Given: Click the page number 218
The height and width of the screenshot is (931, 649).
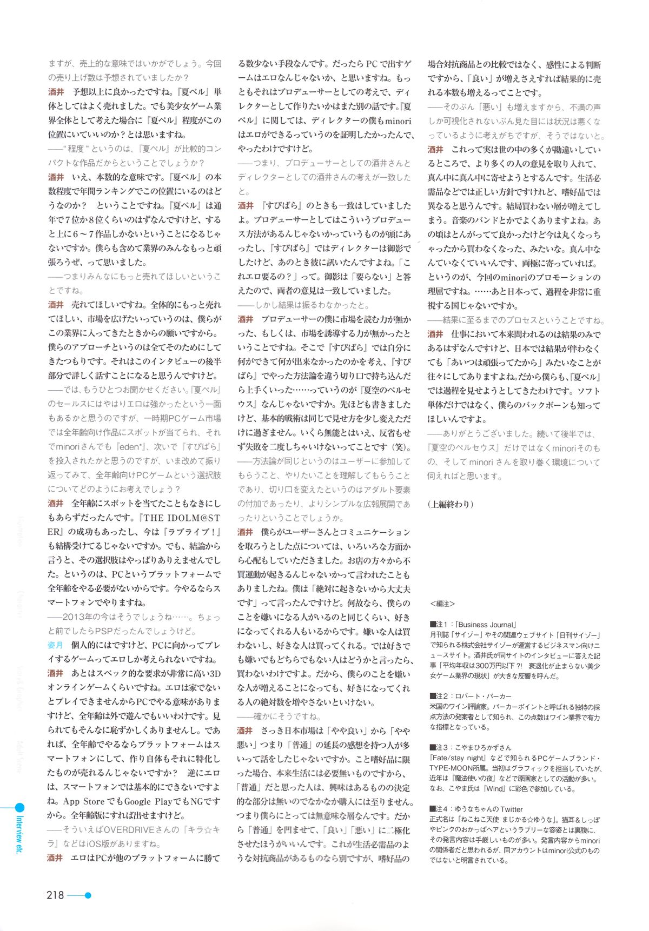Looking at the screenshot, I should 55,895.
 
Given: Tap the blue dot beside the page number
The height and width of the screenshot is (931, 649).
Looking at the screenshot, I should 88,895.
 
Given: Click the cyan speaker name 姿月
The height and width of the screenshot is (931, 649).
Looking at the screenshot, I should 55,645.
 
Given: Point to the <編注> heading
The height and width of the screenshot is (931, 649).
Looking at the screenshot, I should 442,604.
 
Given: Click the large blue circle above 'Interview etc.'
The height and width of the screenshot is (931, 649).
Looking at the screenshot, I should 19,808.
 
